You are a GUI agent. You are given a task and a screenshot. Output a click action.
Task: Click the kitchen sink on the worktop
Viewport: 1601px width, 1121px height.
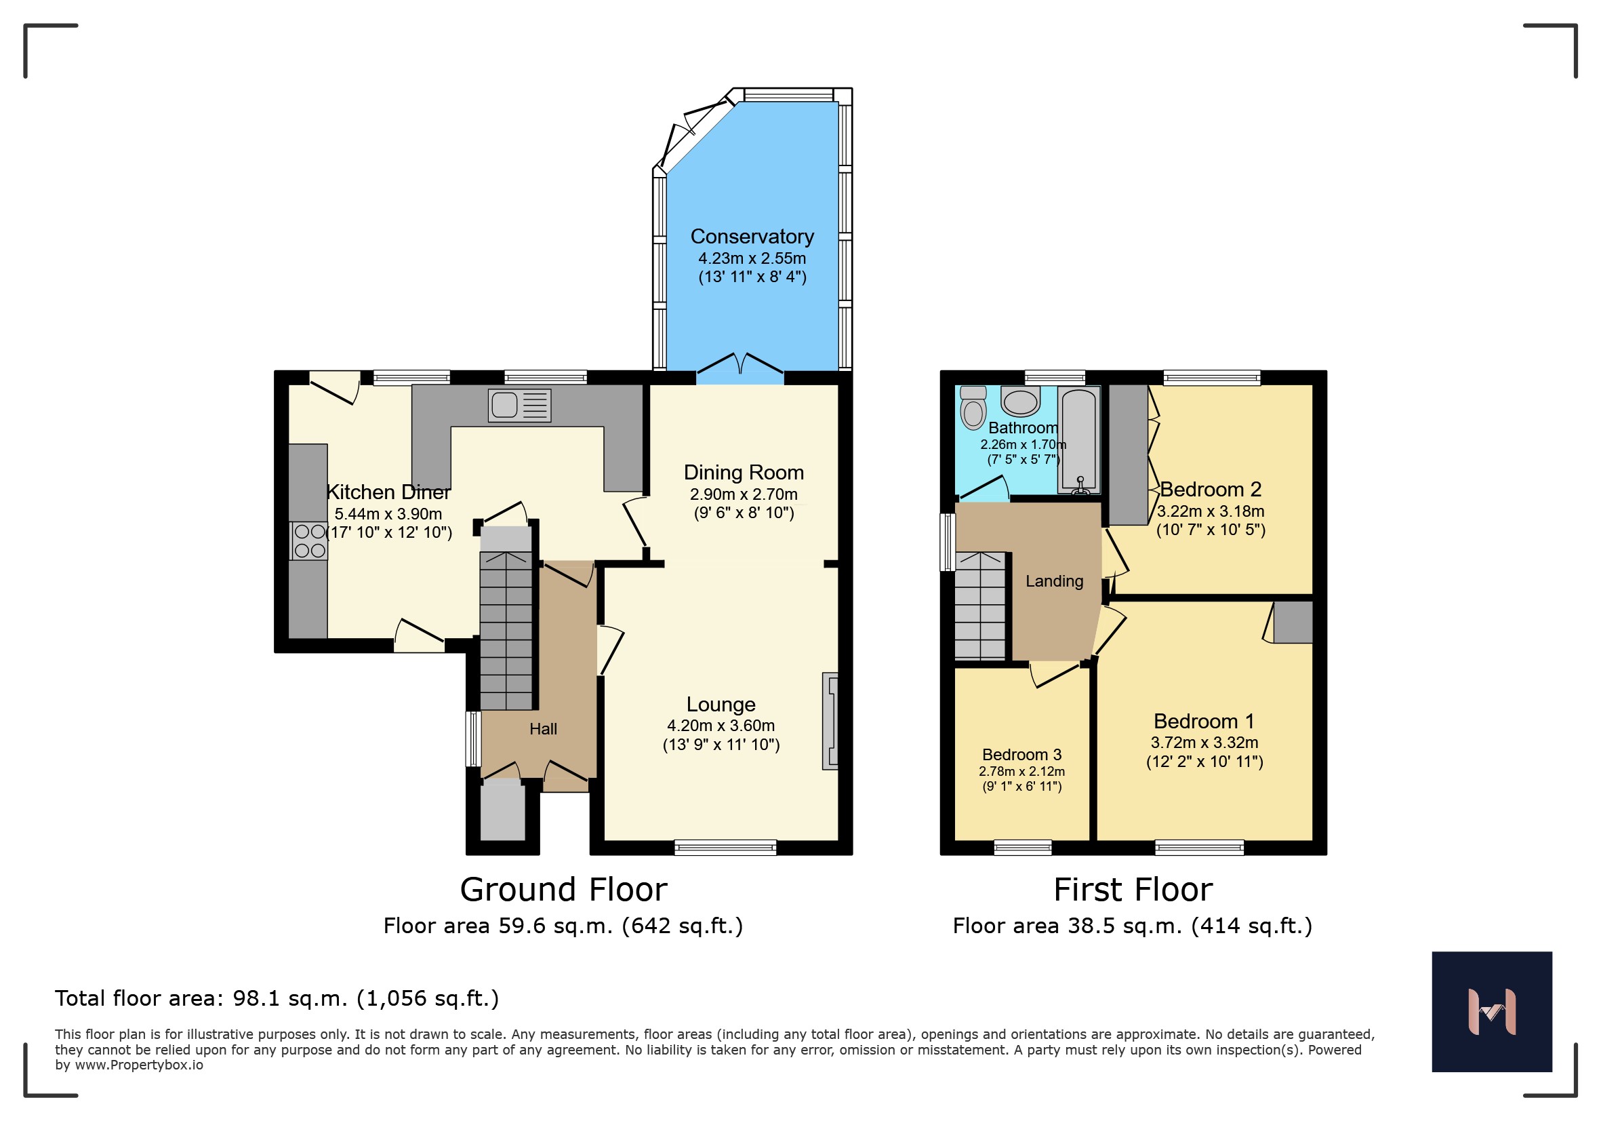519,406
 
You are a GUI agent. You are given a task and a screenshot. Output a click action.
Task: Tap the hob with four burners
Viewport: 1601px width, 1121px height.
309,540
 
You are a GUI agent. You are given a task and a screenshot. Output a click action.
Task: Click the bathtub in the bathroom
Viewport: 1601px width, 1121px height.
1078,440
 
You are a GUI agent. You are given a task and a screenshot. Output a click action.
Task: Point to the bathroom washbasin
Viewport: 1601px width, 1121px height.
1020,400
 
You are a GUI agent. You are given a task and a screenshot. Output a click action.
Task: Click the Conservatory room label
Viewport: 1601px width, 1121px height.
752,237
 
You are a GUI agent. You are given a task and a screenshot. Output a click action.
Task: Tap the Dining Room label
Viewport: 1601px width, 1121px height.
744,472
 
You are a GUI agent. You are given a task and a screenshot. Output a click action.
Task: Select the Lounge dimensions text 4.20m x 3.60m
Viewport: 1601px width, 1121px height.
721,726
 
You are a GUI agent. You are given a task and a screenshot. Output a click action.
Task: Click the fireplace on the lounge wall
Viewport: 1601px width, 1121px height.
830,722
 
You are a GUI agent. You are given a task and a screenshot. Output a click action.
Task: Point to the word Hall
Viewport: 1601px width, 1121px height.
543,729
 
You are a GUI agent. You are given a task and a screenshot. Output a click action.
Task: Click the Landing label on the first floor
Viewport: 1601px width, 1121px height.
1054,581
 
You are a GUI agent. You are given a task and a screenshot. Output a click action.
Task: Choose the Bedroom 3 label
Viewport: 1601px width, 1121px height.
1021,755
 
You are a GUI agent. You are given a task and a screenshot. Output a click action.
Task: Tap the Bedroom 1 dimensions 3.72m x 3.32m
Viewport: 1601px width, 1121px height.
1204,742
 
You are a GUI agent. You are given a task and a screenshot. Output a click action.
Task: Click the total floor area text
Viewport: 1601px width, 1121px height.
277,998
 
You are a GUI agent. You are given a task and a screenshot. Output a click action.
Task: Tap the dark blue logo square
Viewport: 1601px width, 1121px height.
1493,1012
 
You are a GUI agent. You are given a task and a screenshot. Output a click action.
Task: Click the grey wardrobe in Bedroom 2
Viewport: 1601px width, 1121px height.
1129,455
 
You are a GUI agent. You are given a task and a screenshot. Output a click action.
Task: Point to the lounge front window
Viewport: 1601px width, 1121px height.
725,848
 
